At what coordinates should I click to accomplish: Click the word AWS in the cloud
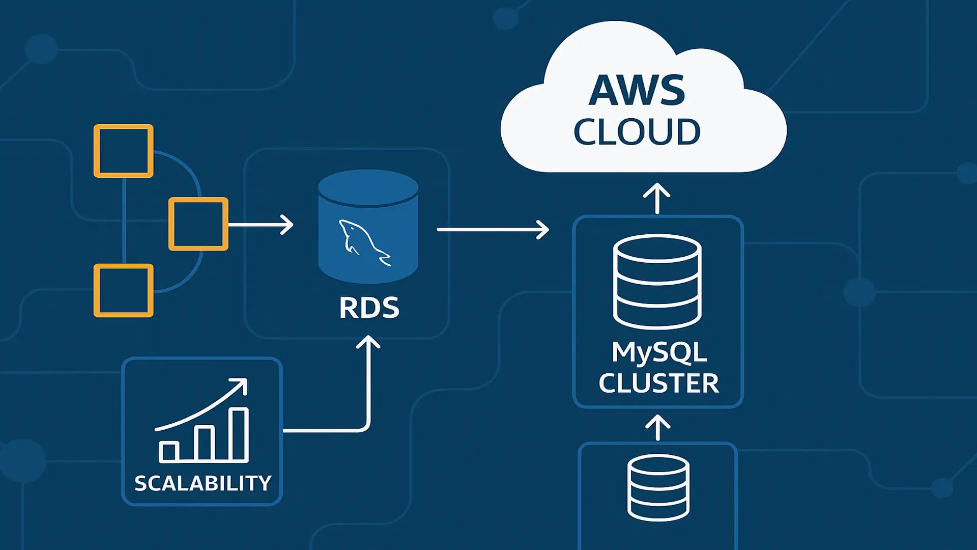[x=637, y=91]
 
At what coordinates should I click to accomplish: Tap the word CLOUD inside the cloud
[x=637, y=132]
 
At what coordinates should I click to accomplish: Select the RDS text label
[x=369, y=308]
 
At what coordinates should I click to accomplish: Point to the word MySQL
[x=659, y=352]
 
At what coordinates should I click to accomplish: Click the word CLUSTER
[x=658, y=383]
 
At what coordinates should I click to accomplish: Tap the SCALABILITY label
[x=203, y=483]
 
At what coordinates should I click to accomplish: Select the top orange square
[x=124, y=151]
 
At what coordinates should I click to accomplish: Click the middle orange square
[x=198, y=224]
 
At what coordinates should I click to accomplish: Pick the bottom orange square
[x=124, y=290]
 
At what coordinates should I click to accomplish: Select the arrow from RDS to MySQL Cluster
[x=493, y=230]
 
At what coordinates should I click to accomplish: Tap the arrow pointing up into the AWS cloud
[x=657, y=199]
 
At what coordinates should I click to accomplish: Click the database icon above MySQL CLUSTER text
[x=657, y=281]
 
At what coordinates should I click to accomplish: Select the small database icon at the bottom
[x=658, y=487]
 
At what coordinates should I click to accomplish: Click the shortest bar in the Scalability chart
[x=168, y=452]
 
